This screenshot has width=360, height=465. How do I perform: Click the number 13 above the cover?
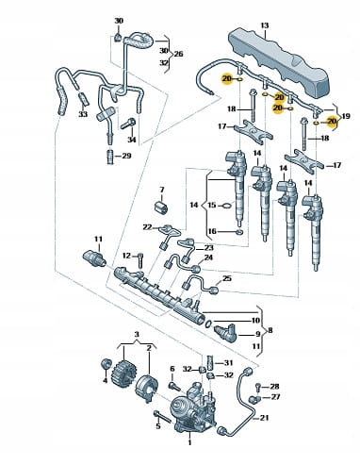click(x=265, y=25)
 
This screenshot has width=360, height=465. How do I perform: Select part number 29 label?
click(x=126, y=156)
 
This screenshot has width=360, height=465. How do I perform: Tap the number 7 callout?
click(x=162, y=190)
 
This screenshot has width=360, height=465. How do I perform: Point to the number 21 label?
click(x=265, y=418)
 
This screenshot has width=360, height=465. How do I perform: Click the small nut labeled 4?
click(x=106, y=364)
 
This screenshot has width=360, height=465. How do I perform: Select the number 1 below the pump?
click(x=189, y=442)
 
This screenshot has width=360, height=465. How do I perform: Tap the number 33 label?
click(x=83, y=114)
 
